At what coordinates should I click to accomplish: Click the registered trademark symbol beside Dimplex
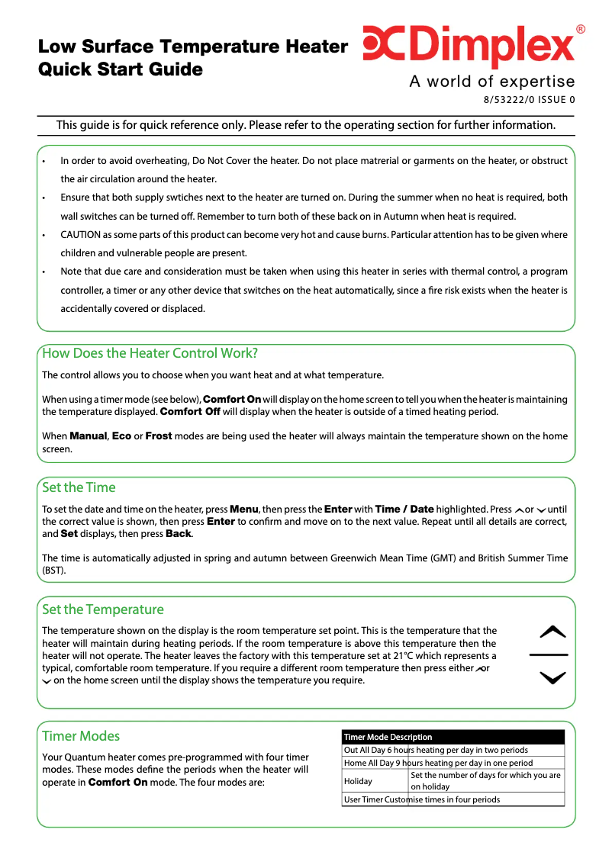click(x=581, y=30)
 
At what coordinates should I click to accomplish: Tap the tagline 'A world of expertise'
click(x=492, y=82)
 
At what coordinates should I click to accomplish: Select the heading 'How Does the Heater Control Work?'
click(x=150, y=353)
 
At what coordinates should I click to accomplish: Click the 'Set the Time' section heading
click(x=79, y=487)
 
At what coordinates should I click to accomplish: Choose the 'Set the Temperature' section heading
click(x=103, y=609)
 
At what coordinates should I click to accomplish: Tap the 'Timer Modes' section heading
click(x=81, y=736)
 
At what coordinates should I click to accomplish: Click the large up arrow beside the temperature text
click(x=552, y=632)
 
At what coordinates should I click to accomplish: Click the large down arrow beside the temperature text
click(x=552, y=677)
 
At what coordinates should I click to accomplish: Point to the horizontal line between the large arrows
click(x=549, y=655)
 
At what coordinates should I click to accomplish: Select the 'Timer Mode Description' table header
click(x=388, y=737)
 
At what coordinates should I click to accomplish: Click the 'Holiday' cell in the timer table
click(x=359, y=781)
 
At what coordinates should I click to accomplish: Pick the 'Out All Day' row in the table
click(x=436, y=750)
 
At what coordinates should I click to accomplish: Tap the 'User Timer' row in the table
click(x=422, y=799)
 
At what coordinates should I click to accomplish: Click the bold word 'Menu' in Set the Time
click(x=244, y=510)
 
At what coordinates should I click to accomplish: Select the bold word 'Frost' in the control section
click(x=159, y=436)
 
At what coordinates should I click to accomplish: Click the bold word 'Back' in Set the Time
click(x=179, y=534)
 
